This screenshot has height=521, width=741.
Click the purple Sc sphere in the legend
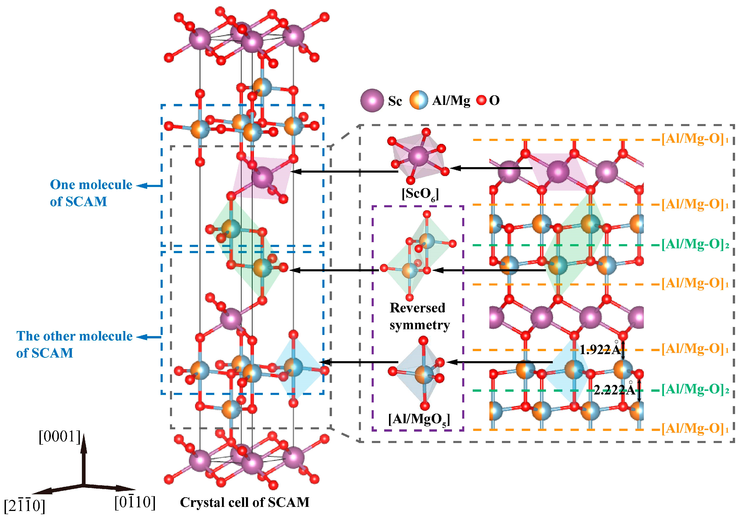(x=372, y=100)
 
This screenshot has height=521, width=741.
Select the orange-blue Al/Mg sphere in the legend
(x=419, y=100)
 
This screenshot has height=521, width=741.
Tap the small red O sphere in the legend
(x=481, y=100)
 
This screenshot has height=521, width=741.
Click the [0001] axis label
(x=59, y=437)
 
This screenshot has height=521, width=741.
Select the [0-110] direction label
(x=135, y=502)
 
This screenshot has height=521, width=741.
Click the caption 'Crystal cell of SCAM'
(x=244, y=502)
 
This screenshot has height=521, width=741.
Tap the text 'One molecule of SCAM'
(x=91, y=193)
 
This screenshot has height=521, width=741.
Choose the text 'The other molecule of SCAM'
(x=74, y=344)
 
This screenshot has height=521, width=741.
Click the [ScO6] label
(x=420, y=194)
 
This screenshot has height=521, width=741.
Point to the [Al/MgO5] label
(x=419, y=419)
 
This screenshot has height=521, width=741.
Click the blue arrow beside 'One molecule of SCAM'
(x=149, y=186)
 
